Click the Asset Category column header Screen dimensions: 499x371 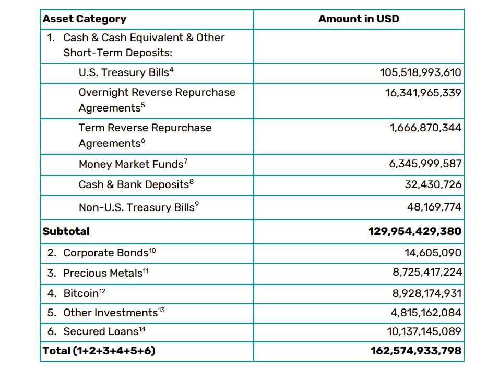coord(85,19)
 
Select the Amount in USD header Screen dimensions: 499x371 coord(359,19)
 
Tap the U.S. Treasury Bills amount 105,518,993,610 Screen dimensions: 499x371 coord(420,72)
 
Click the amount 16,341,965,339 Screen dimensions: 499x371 coord(423,93)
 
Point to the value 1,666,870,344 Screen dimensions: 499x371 coord(425,128)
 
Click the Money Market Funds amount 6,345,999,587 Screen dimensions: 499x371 coord(425,164)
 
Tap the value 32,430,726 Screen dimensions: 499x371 coord(433,184)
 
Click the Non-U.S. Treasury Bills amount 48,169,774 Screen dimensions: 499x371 coord(434,207)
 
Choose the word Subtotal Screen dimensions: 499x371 coord(66,231)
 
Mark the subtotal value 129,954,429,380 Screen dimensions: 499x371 coord(415,231)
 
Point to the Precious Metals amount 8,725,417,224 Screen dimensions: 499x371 coord(427,272)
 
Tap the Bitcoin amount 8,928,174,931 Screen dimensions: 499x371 coord(427,293)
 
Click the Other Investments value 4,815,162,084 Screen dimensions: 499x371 coord(426,313)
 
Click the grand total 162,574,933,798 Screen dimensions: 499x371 coord(416,351)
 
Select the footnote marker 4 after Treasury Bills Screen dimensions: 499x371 coord(172,70)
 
